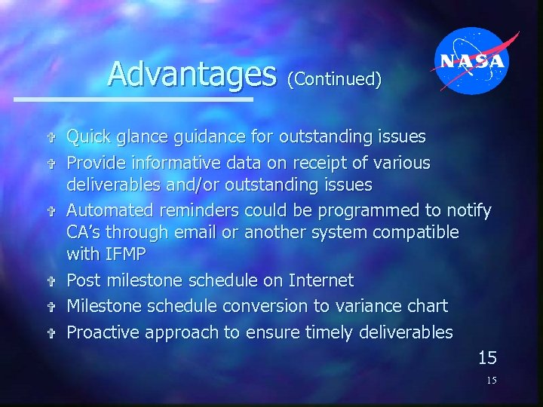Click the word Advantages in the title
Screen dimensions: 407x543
pyautogui.click(x=192, y=74)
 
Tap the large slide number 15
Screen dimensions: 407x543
pyautogui.click(x=486, y=357)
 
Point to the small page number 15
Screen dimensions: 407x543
pyautogui.click(x=491, y=381)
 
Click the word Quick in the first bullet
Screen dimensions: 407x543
pyautogui.click(x=88, y=137)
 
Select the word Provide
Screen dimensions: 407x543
pyautogui.click(x=97, y=163)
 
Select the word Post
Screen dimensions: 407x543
pyautogui.click(x=84, y=280)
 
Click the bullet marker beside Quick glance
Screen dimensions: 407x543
pyautogui.click(x=51, y=138)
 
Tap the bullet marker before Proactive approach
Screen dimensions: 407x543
pyautogui.click(x=51, y=333)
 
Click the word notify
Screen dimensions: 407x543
pyautogui.click(x=468, y=210)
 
